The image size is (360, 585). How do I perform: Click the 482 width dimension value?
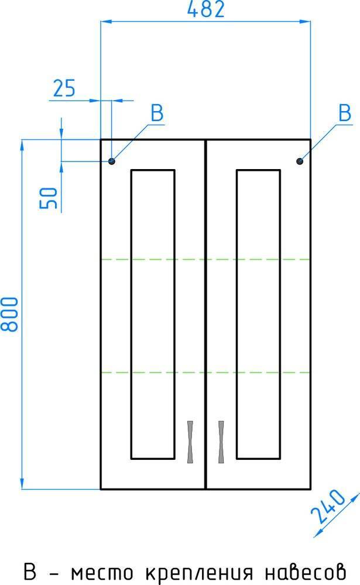[x=206, y=9]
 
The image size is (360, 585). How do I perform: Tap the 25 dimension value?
[x=64, y=88]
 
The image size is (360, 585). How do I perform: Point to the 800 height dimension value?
[x=9, y=314]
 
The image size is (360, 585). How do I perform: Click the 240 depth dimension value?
[x=328, y=506]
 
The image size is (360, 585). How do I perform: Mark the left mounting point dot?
[x=112, y=161]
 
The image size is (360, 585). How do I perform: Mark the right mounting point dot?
[x=300, y=161]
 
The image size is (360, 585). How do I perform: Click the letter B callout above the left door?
[x=157, y=113]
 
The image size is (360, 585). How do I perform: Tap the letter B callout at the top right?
[x=345, y=113]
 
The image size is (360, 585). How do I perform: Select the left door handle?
[x=190, y=442]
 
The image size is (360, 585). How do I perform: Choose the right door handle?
[x=221, y=442]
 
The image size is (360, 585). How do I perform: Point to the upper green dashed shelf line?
[x=206, y=259]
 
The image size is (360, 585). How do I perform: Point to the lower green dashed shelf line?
[x=206, y=372]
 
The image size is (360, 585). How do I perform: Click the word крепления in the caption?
[x=199, y=573]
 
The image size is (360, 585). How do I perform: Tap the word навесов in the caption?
[x=306, y=572]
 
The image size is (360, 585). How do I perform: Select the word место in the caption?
[x=102, y=573]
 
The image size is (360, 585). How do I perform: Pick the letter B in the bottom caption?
[x=30, y=571]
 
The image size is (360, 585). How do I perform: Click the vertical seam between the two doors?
[x=205, y=314]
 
